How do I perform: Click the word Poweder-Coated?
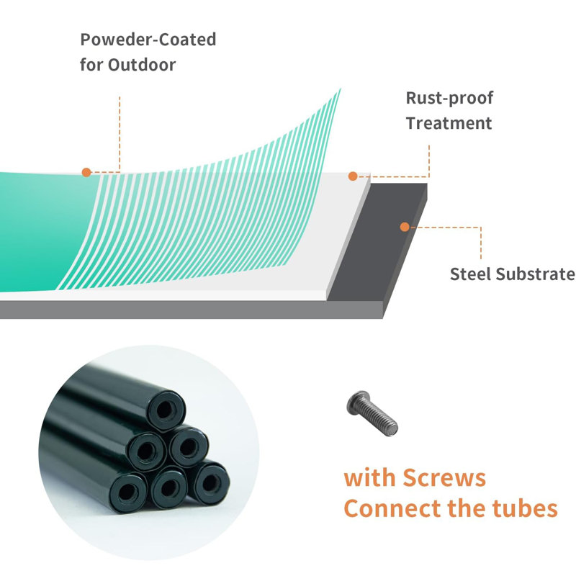[148, 40]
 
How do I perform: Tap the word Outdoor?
[142, 65]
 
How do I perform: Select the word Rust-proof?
[449, 99]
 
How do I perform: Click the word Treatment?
[449, 123]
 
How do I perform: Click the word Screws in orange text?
[444, 478]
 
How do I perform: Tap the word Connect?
[392, 509]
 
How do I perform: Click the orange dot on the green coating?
[86, 172]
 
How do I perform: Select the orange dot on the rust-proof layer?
[353, 176]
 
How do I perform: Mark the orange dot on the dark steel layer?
[405, 227]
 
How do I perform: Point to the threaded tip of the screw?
[392, 428]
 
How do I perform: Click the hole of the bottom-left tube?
[128, 492]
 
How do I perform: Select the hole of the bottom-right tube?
[211, 482]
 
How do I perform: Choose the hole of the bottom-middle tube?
[168, 487]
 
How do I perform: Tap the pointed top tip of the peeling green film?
[340, 89]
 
